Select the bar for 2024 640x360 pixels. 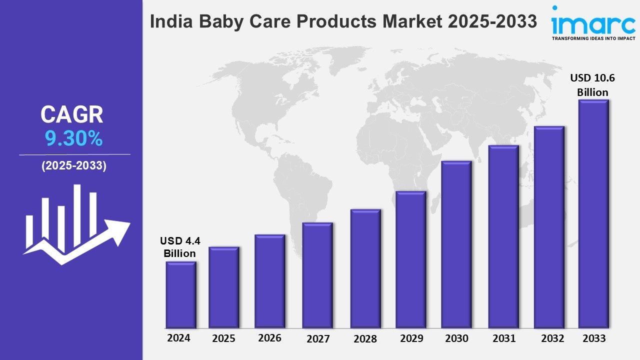tap(180, 295)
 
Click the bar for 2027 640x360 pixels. tap(317, 275)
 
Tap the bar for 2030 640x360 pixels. tap(456, 245)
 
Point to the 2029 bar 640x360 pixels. tap(410, 260)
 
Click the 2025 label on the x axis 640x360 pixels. tap(223, 338)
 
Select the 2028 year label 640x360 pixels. tap(365, 339)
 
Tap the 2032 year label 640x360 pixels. tap(552, 338)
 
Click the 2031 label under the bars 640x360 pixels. tap(503, 338)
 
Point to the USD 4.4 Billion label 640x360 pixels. tap(180, 247)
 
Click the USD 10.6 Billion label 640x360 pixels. tap(592, 85)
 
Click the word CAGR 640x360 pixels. tap(72, 115)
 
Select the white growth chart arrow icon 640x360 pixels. tap(75, 225)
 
